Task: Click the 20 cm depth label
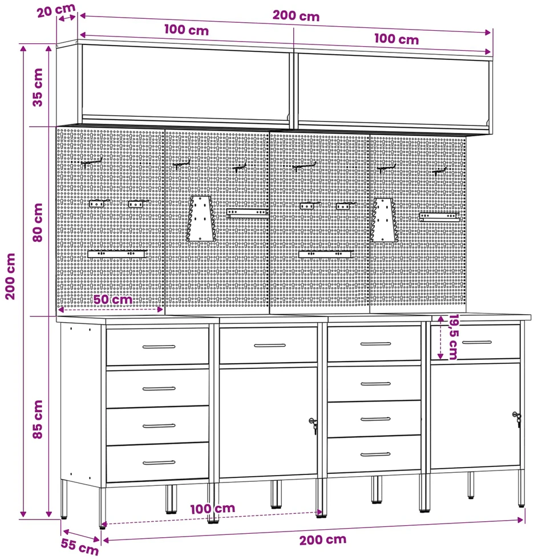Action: coord(56,10)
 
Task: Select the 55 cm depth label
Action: coord(79,546)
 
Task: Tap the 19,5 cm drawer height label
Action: coord(454,337)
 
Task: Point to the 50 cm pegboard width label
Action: coord(113,299)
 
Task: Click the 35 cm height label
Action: coord(38,87)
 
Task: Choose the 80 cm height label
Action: coord(38,222)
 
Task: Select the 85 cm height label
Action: coord(38,419)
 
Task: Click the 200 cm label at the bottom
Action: coord(322,539)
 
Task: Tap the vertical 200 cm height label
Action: coord(10,277)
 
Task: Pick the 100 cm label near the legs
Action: coord(213,509)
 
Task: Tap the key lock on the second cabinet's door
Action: coord(313,425)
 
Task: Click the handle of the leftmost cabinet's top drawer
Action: coord(159,346)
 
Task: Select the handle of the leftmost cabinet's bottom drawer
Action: coord(159,463)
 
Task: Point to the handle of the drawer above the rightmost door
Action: coord(477,342)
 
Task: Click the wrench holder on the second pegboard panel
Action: coord(201,218)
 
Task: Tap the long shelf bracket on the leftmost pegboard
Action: coord(117,254)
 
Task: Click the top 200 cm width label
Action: coord(296,16)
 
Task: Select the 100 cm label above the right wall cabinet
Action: coord(397,39)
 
